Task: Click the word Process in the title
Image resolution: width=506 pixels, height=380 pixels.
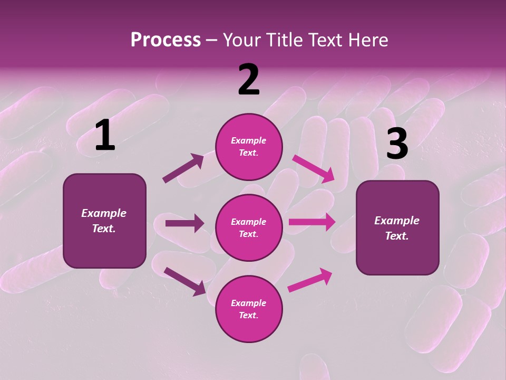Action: point(166,40)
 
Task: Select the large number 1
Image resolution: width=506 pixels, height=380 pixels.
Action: point(105,136)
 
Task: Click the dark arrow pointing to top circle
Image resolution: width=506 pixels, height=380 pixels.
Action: point(183,168)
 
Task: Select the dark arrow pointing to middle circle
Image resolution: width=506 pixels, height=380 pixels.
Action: point(184,223)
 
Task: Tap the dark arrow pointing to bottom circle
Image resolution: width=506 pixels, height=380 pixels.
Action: point(184,281)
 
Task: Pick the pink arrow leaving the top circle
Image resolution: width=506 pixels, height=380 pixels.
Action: point(314,168)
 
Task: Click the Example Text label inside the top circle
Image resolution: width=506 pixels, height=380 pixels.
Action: point(249,147)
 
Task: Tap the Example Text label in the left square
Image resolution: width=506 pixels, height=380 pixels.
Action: point(104,221)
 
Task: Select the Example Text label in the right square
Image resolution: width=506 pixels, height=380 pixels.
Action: point(397,228)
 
